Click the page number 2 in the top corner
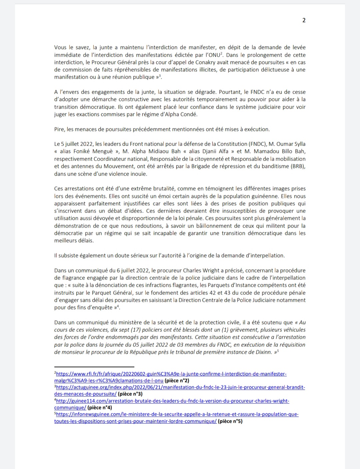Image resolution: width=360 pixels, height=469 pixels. tap(304, 20)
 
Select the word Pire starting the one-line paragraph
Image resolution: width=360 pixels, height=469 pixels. tap(59, 129)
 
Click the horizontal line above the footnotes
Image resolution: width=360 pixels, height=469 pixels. tap(94, 366)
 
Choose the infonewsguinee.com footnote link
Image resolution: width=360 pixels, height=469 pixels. tap(177, 414)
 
